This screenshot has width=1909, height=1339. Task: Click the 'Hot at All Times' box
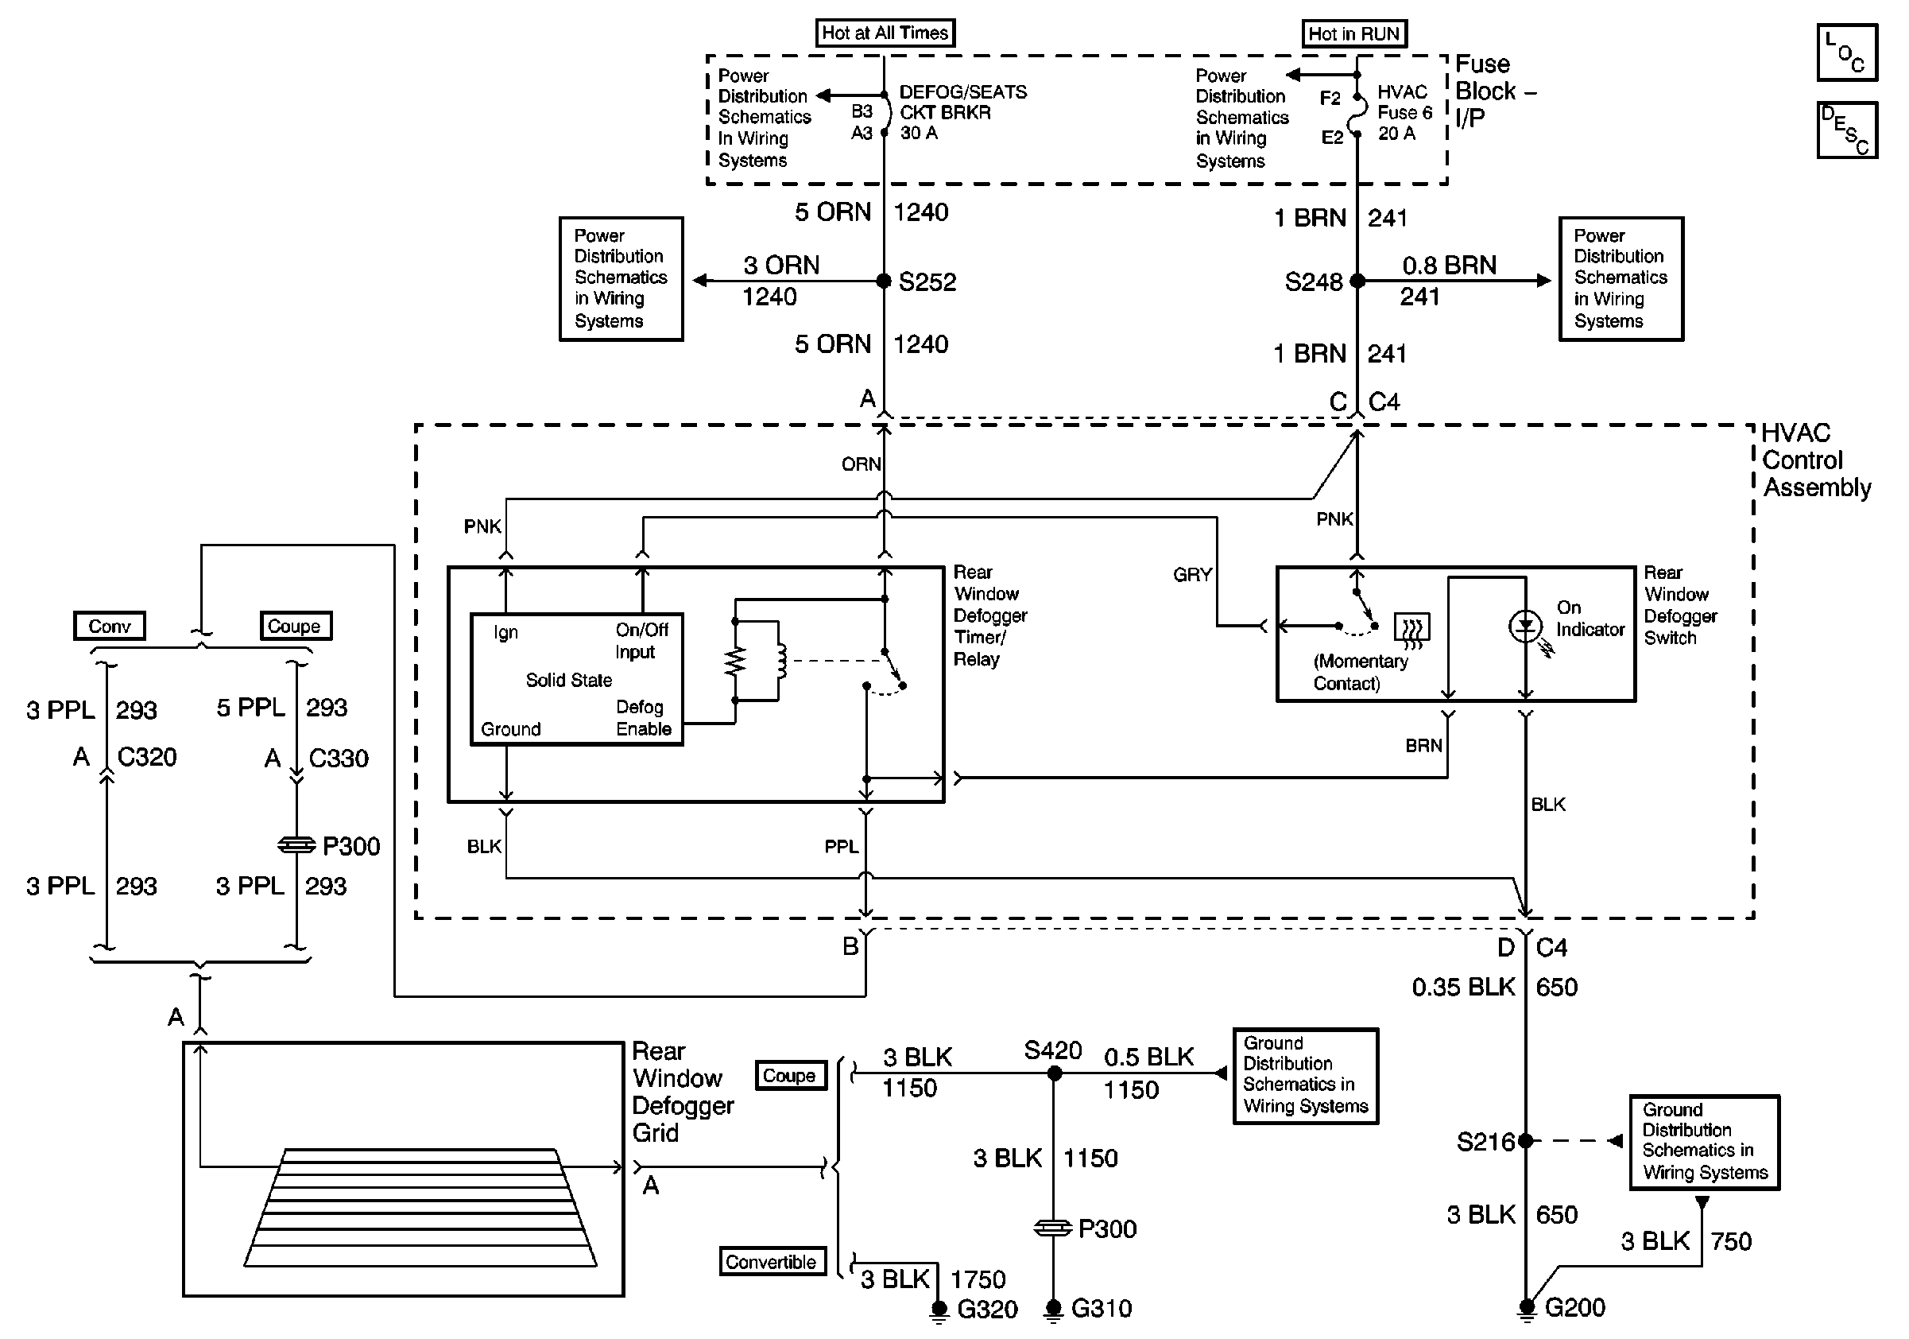coord(885,33)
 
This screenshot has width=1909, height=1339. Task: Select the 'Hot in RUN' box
coord(1353,34)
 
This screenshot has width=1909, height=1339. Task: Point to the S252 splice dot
coord(884,281)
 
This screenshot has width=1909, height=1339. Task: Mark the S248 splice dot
coord(1357,281)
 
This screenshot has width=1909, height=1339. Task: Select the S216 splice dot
coord(1526,1141)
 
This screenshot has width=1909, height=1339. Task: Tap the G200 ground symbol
coord(1527,1309)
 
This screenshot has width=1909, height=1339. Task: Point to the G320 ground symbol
coord(939,1310)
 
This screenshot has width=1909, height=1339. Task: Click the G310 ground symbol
coord(1053,1310)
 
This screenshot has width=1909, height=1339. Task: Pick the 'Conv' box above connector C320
coord(110,627)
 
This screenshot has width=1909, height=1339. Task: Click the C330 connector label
coord(338,759)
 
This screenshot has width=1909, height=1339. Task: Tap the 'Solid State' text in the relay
coord(569,681)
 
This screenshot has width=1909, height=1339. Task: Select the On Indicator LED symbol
coord(1525,627)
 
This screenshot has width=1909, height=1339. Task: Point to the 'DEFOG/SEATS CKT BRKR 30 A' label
coord(962,112)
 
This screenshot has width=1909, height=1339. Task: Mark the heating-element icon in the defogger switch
coord(1411,629)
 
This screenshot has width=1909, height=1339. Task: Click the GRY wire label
coord(1192,575)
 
